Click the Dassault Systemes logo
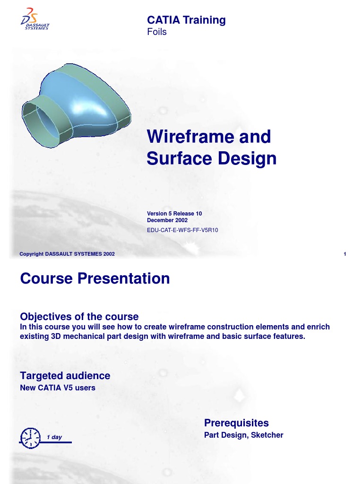tap(35, 19)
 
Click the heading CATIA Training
tap(186, 20)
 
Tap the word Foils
tap(157, 32)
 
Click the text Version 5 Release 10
tap(174, 214)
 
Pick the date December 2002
tap(167, 220)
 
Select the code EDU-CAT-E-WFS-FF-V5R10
tap(182, 230)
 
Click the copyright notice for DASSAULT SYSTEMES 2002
tap(67, 254)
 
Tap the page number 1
tap(345, 254)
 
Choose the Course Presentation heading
tap(95, 278)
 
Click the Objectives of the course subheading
tap(79, 316)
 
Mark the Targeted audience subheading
tap(65, 376)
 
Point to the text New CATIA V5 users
tap(57, 388)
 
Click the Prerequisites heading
tap(236, 423)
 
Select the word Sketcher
tap(267, 435)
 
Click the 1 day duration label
tap(54, 437)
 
